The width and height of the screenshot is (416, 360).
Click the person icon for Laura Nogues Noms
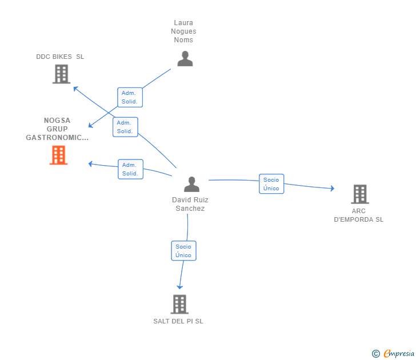tap(185, 59)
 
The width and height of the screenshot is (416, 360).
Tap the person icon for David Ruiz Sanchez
tap(191, 184)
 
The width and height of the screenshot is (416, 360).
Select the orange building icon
tap(59, 155)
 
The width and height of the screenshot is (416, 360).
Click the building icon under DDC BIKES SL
tap(61, 74)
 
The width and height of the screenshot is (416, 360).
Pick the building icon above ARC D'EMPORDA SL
tap(360, 194)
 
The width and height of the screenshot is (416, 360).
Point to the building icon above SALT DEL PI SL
tap(179, 305)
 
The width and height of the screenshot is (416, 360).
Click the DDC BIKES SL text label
tap(60, 57)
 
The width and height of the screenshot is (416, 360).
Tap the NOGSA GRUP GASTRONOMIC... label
tap(57, 129)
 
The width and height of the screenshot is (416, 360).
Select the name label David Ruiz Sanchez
tap(190, 204)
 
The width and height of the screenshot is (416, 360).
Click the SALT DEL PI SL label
tap(178, 321)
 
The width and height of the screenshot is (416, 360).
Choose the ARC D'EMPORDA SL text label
tap(358, 215)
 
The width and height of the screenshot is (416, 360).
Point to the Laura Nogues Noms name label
tap(183, 31)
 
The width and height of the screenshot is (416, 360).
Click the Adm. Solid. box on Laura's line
tap(130, 97)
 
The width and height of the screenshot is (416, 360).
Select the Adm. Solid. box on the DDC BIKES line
tap(125, 127)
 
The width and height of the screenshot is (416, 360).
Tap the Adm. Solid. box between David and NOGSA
tap(130, 169)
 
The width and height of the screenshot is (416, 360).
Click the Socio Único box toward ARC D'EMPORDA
tap(271, 184)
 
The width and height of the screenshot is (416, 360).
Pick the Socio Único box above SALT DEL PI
tap(183, 251)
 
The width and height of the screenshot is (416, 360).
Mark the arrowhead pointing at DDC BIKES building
tap(75, 89)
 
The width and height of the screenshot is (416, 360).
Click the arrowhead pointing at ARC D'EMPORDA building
tap(333, 189)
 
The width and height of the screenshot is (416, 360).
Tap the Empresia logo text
tap(399, 353)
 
